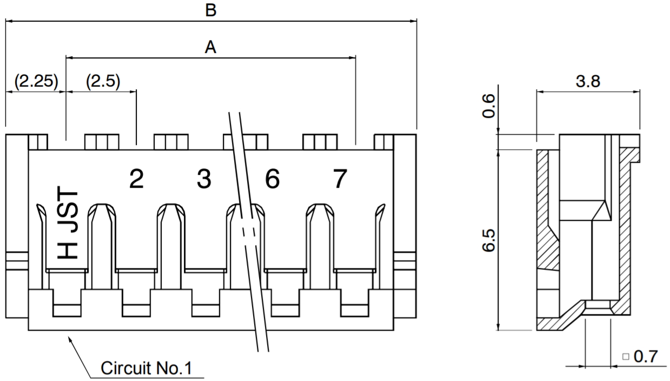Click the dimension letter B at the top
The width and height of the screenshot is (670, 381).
click(x=211, y=10)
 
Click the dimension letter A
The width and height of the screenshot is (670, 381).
click(x=211, y=47)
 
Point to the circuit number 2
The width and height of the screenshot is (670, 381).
click(x=136, y=179)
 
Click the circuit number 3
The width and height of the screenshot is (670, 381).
click(x=204, y=179)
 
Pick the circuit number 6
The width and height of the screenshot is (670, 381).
click(x=272, y=179)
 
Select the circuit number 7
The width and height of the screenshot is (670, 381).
click(x=339, y=179)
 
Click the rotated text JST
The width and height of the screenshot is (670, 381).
click(x=69, y=211)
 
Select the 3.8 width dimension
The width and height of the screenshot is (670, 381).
click(x=588, y=82)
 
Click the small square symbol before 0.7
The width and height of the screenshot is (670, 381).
click(x=626, y=357)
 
